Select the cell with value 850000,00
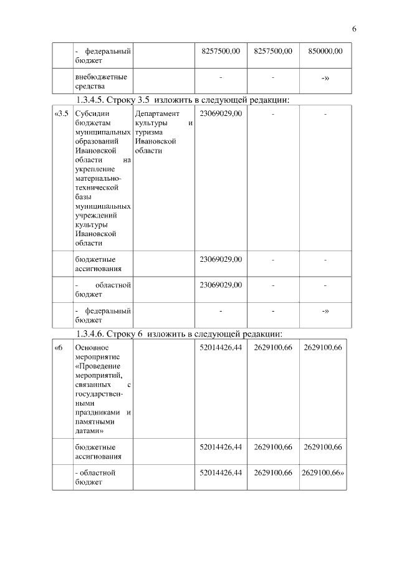[325, 51]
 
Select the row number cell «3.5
[62, 114]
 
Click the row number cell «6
[59, 348]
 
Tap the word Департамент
[157, 114]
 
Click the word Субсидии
[92, 114]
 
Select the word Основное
[92, 348]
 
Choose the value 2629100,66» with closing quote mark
[323, 473]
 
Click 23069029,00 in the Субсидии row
[221, 114]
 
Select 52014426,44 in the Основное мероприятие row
[221, 348]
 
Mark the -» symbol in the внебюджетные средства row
[325, 77]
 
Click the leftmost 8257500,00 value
[221, 51]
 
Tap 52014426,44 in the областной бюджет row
[221, 473]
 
